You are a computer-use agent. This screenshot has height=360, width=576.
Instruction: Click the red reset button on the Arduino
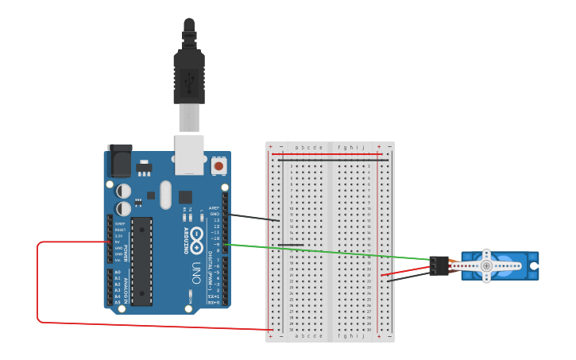tap(218, 166)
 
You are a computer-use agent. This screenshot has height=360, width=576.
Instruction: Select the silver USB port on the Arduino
tap(189, 154)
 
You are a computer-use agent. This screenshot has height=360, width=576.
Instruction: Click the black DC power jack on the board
tap(119, 162)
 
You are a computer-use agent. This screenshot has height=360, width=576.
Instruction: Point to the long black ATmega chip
tap(141, 261)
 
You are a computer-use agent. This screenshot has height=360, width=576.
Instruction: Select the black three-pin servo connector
tap(438, 266)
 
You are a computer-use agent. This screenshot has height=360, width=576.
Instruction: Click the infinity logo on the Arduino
tap(195, 246)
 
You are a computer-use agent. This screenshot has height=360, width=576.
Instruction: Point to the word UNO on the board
tap(195, 274)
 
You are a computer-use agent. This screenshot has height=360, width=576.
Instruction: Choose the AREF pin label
tap(214, 208)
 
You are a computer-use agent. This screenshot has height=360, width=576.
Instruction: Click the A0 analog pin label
tap(118, 273)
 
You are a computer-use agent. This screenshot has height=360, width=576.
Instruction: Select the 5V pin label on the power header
tap(118, 242)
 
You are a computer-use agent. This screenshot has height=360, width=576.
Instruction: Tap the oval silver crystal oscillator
tap(165, 194)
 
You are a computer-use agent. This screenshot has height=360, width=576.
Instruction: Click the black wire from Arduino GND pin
tap(253, 216)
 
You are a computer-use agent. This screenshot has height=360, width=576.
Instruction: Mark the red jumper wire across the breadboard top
tap(330, 154)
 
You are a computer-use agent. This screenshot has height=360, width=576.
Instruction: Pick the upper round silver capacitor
tap(124, 191)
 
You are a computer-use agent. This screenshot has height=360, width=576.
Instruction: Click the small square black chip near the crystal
tap(185, 196)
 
